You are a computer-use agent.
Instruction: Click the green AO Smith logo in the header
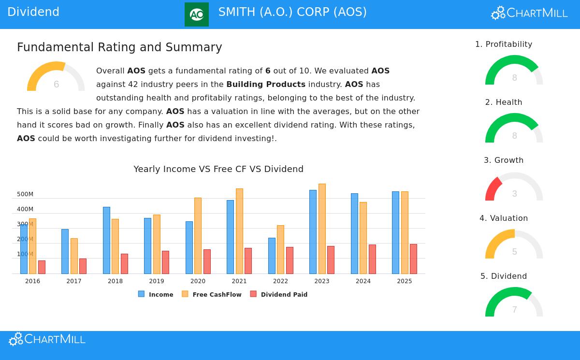[196, 14]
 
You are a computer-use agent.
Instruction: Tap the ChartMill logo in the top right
[529, 13]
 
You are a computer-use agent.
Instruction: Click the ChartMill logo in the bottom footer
[47, 339]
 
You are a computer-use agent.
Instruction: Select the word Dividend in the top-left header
[33, 12]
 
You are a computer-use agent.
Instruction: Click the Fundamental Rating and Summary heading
[119, 47]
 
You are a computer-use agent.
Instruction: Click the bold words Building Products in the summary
[266, 84]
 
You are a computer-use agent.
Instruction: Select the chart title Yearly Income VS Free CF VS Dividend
[218, 169]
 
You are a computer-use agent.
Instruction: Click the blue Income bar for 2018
[106, 240]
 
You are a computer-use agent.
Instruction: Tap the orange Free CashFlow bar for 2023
[322, 229]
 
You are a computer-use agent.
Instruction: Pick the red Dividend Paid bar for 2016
[42, 267]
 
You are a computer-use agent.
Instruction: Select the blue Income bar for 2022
[272, 256]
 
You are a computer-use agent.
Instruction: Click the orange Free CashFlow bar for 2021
[239, 231]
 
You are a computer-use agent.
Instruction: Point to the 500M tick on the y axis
[25, 194]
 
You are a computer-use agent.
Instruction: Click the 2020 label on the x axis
[198, 281]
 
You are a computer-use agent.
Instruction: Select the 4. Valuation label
[504, 218]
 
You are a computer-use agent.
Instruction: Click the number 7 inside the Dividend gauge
[515, 310]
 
